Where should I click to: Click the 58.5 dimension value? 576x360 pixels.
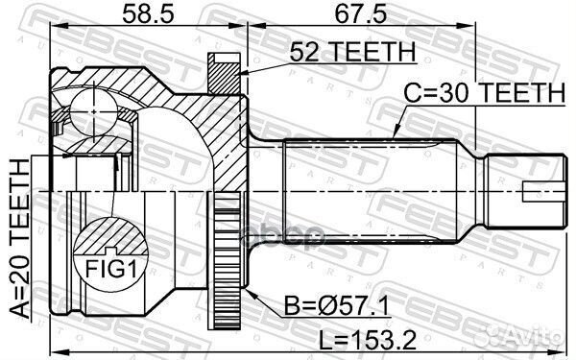(142, 14)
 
